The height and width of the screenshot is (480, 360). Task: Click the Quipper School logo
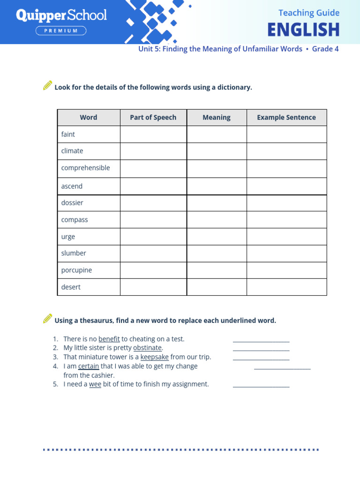pyautogui.click(x=61, y=15)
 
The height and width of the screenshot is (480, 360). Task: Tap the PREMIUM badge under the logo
pyautogui.click(x=61, y=31)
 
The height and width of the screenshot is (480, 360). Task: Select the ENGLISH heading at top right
pyautogui.click(x=303, y=30)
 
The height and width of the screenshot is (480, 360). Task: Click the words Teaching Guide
pyautogui.click(x=309, y=13)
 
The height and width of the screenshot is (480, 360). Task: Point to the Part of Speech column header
pyautogui.click(x=153, y=117)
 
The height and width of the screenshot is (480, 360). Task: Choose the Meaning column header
pyautogui.click(x=217, y=117)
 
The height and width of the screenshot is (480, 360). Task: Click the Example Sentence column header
pyautogui.click(x=286, y=117)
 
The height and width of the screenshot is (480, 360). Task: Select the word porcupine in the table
pyautogui.click(x=76, y=270)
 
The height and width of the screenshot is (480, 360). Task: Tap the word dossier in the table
pyautogui.click(x=72, y=202)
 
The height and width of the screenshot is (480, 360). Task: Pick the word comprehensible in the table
pyautogui.click(x=85, y=168)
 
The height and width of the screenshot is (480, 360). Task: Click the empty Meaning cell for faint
pyautogui.click(x=217, y=134)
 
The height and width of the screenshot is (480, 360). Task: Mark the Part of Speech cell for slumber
pyautogui.click(x=153, y=253)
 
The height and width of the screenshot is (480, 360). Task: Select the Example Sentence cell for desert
pyautogui.click(x=286, y=287)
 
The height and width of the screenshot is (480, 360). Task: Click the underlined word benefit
pyautogui.click(x=109, y=339)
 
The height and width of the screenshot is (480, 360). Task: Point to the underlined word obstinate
pyautogui.click(x=147, y=348)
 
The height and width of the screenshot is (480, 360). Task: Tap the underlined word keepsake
pyautogui.click(x=154, y=357)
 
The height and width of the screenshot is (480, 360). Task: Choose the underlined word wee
pyautogui.click(x=95, y=384)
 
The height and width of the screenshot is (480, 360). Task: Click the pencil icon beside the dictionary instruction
pyautogui.click(x=47, y=85)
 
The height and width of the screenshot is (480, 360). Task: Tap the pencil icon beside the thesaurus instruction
pyautogui.click(x=47, y=319)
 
